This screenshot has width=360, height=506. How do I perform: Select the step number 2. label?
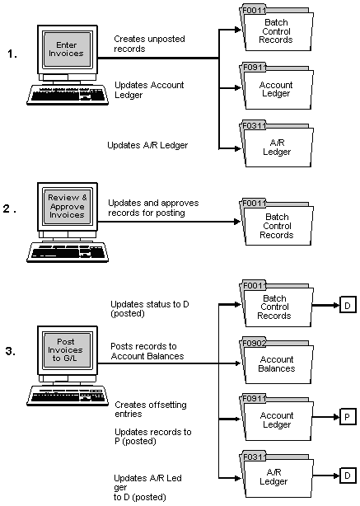10,208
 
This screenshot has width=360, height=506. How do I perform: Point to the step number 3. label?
10,352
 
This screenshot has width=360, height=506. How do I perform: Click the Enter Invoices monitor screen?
66,48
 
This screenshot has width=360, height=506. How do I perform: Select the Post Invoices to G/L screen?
65,346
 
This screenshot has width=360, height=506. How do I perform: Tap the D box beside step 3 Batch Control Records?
348,307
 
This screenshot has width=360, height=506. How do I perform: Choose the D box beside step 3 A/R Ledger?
348,475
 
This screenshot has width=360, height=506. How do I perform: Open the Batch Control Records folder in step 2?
276,225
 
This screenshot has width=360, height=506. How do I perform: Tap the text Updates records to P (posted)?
152,436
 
